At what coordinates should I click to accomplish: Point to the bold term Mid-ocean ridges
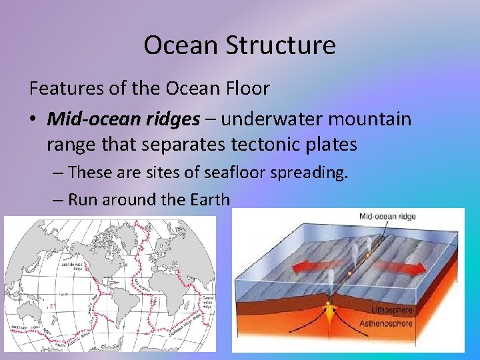coord(123,119)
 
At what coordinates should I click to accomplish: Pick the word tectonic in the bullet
coord(268,144)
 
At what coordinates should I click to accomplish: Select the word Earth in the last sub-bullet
coord(209,199)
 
